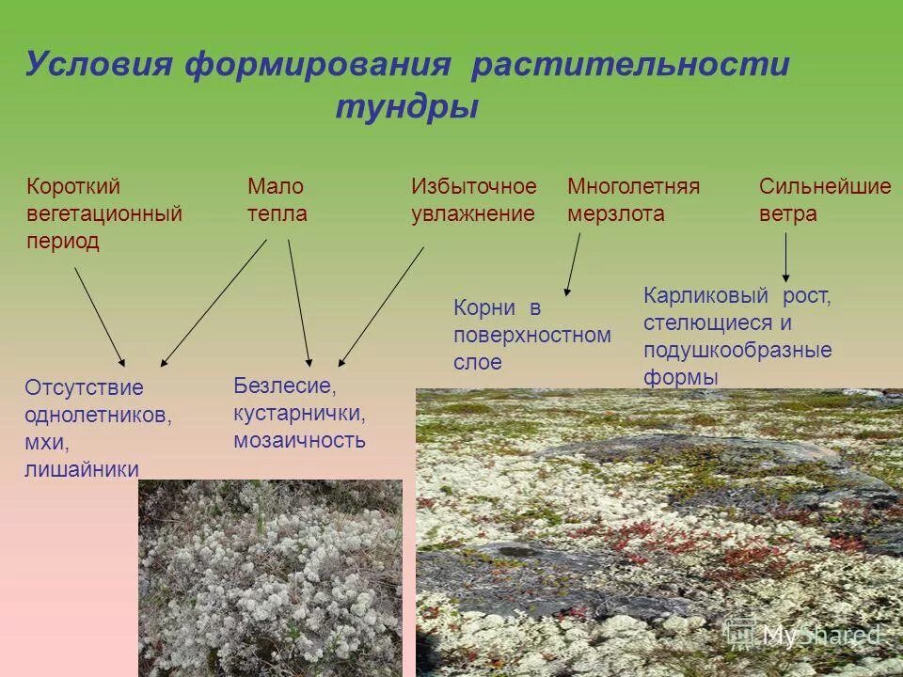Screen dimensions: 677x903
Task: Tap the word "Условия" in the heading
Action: (99, 65)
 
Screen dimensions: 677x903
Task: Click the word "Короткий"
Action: (73, 186)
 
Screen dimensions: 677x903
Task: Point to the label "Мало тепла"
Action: (277, 199)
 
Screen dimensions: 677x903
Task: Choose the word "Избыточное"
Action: (473, 186)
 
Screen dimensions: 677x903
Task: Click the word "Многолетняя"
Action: (633, 186)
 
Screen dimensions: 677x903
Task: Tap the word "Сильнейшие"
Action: (824, 186)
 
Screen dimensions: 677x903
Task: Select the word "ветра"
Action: (787, 214)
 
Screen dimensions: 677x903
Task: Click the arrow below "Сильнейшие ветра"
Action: (785, 256)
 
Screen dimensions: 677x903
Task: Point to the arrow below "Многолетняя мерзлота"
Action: (572, 264)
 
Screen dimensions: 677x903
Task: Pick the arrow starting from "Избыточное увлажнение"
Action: (381, 306)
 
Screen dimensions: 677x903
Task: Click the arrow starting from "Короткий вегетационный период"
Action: (99, 316)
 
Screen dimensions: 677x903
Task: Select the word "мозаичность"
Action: (299, 440)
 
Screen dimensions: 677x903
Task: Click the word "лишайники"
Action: (82, 469)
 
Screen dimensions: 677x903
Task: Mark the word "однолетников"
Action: (98, 415)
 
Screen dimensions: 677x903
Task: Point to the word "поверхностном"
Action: (531, 335)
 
